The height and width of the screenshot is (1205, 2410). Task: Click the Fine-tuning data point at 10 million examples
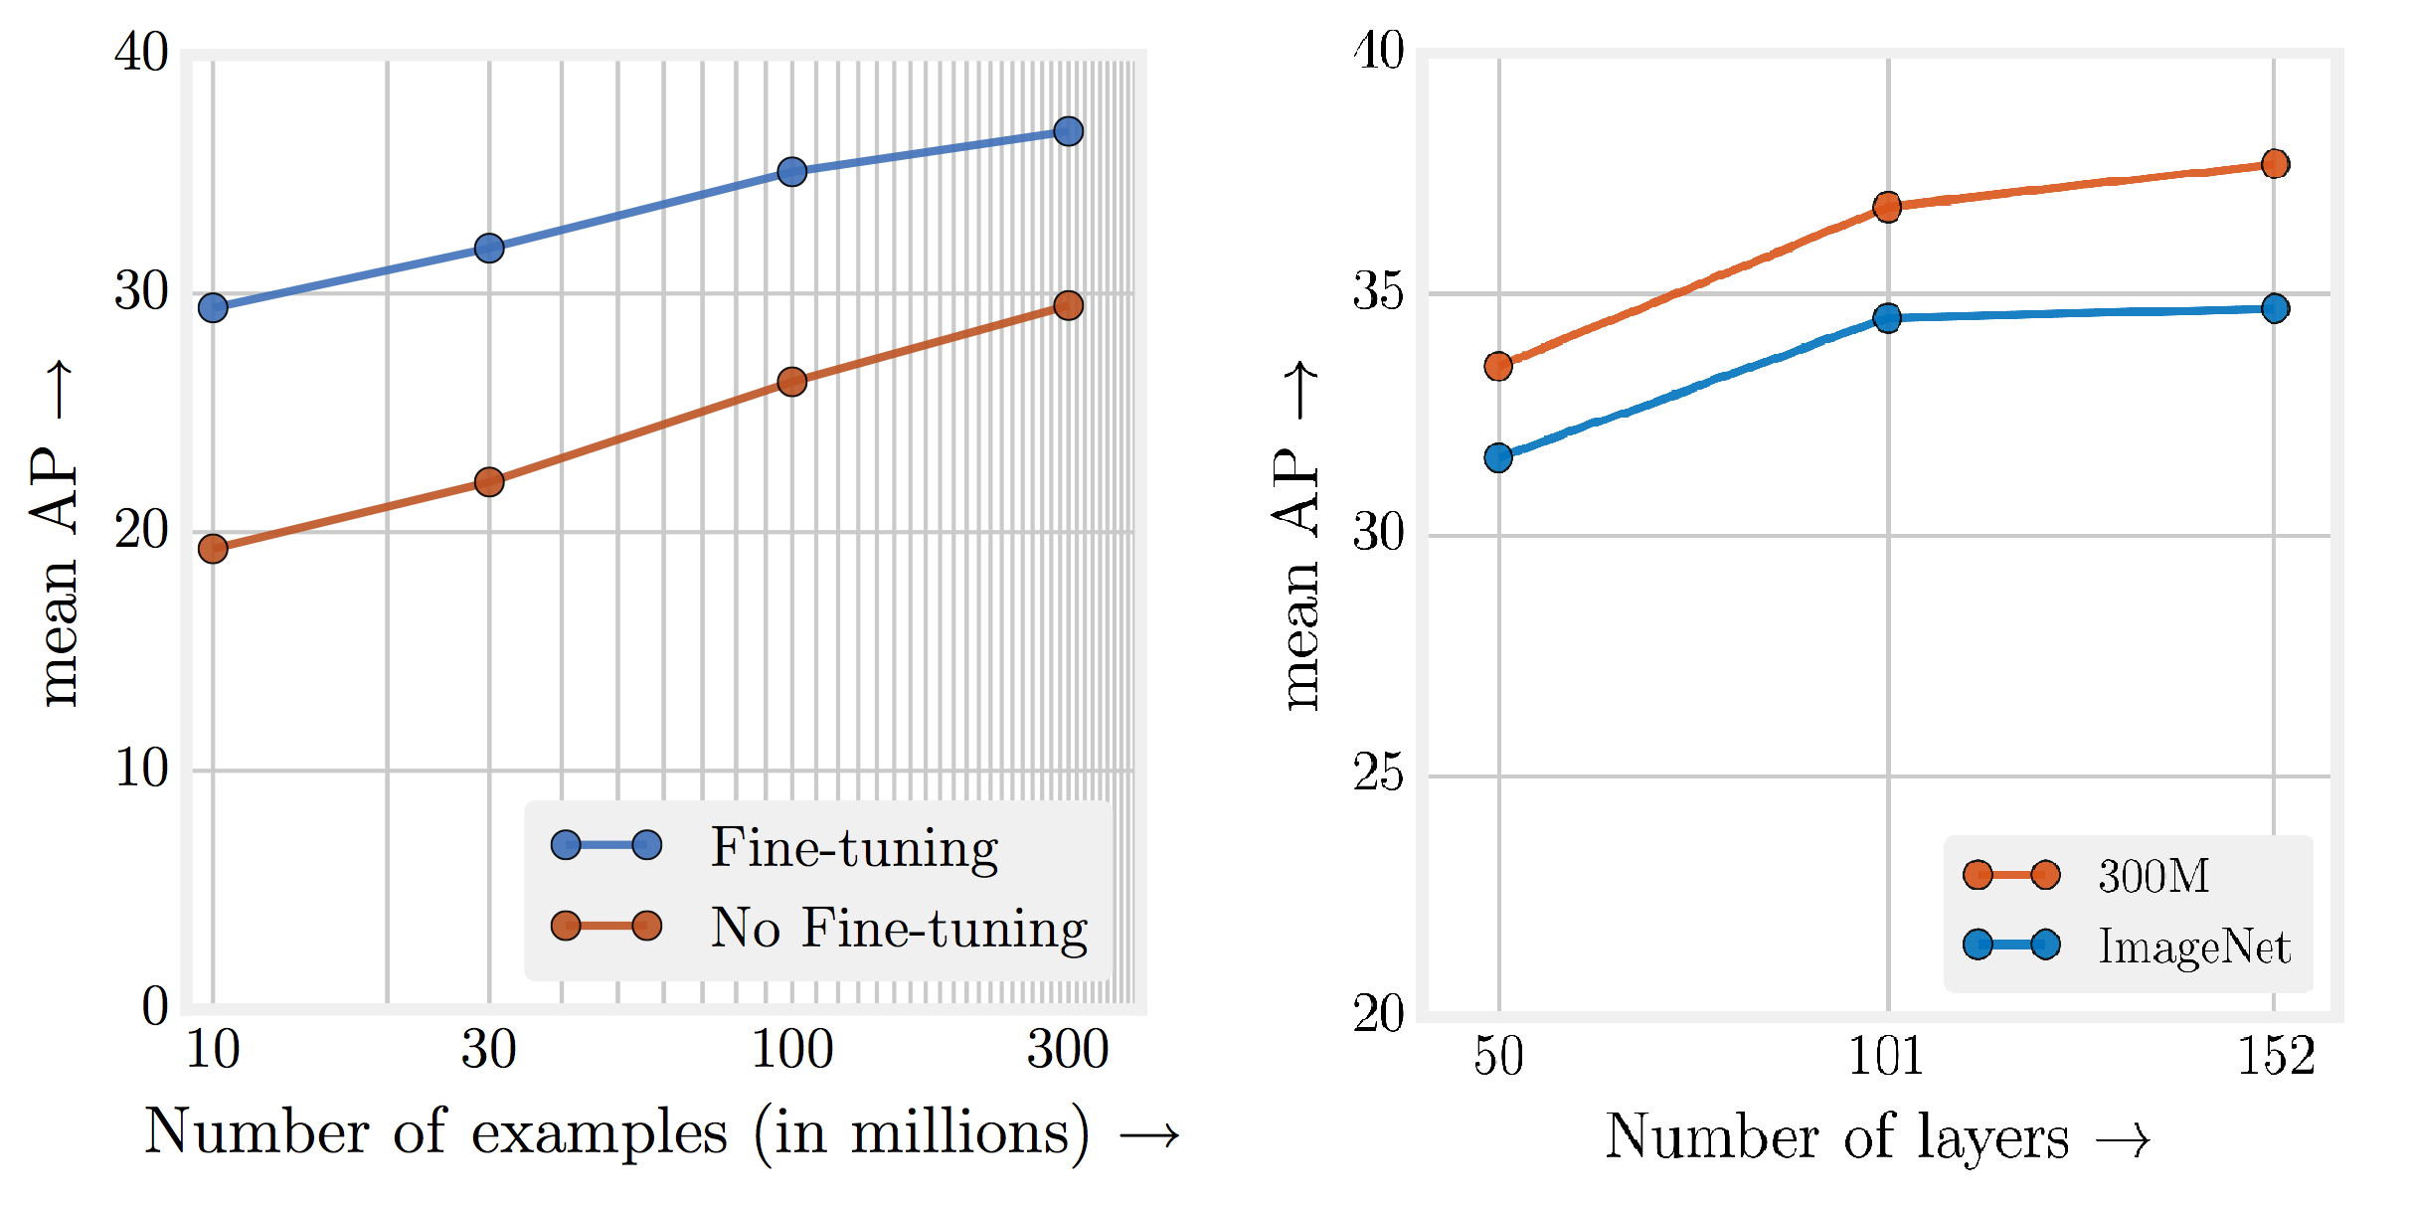[213, 308]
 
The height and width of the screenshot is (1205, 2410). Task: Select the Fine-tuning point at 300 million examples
[1068, 131]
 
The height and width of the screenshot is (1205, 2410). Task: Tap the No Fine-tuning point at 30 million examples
[489, 482]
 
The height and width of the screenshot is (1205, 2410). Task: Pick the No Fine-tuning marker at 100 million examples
[791, 382]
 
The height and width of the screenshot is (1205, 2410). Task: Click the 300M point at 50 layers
[1498, 366]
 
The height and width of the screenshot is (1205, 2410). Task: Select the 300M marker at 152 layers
[2275, 164]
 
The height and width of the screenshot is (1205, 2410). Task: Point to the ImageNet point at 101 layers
[1887, 318]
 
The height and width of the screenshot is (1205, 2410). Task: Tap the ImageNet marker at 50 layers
[1498, 457]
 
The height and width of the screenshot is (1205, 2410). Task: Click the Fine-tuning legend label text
[854, 848]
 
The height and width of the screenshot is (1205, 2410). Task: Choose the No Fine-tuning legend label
[899, 928]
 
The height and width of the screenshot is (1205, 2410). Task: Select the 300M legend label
[2153, 876]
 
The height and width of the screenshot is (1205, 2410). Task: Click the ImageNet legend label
[2194, 946]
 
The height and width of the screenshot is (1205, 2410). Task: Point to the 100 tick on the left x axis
[791, 1050]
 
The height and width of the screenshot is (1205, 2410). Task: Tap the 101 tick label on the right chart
[1885, 1056]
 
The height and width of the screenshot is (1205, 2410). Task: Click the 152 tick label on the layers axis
[2275, 1056]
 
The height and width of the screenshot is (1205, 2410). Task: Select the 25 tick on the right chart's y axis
[1378, 774]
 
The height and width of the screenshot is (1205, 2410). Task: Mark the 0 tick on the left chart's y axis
[155, 1006]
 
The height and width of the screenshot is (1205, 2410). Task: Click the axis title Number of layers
[1836, 1136]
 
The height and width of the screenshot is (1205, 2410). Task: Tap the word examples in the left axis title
[599, 1133]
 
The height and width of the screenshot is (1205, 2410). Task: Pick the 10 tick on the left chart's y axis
[141, 768]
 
